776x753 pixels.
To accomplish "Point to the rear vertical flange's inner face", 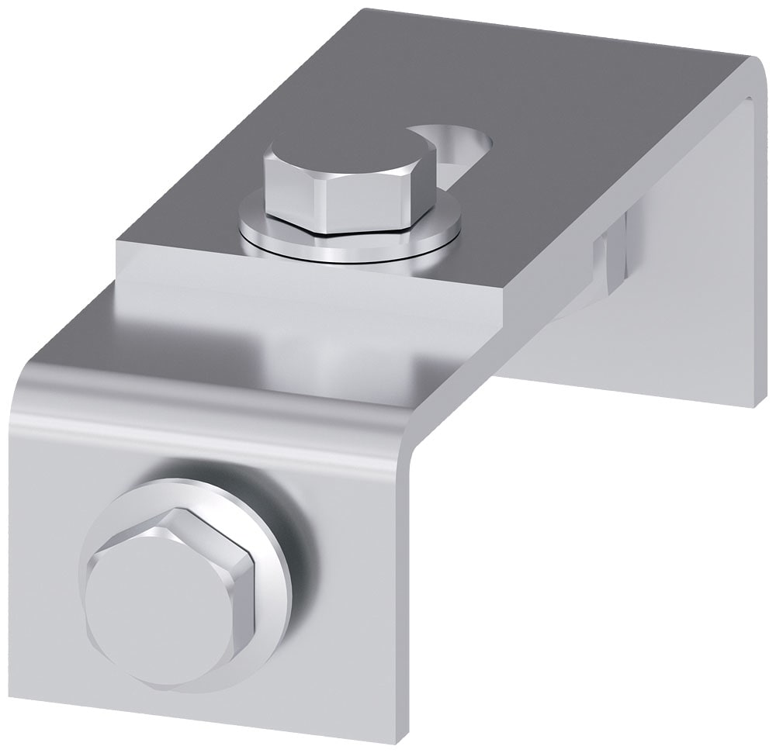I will [x=675, y=295].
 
